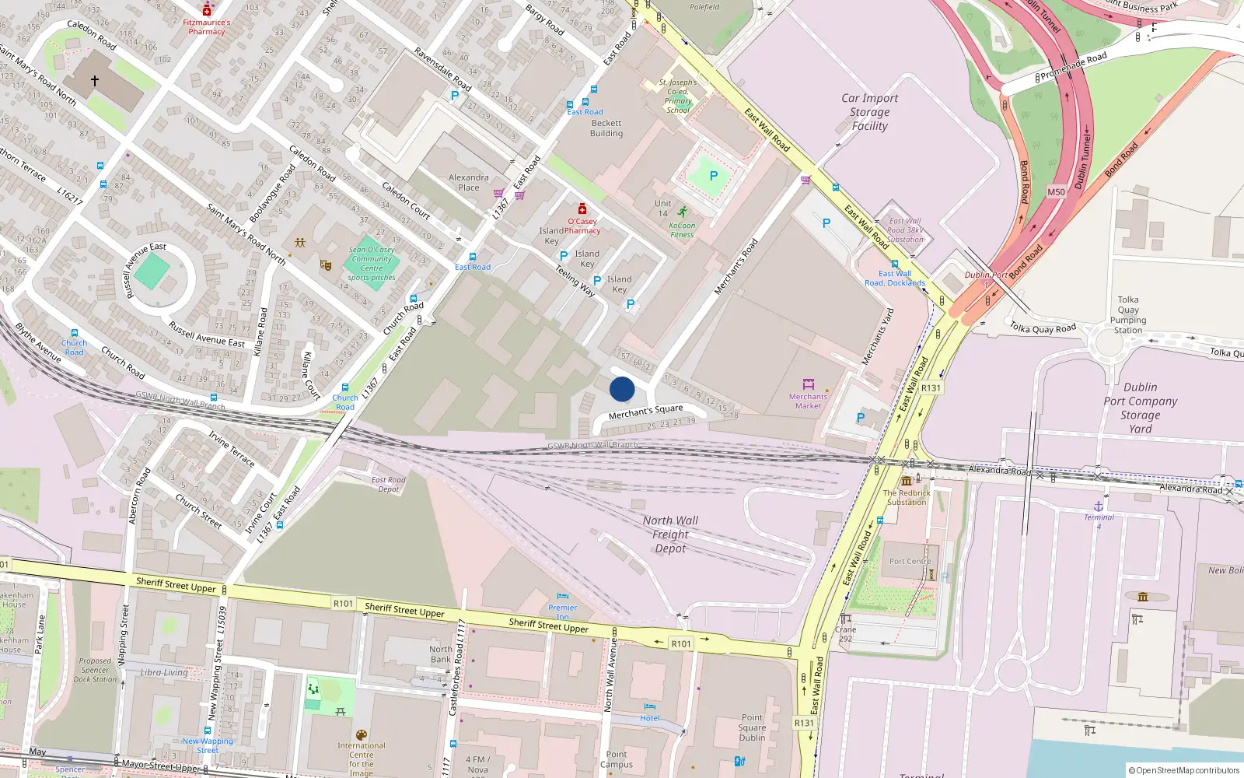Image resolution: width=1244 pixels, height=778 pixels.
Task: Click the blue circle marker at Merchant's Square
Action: coord(622,389)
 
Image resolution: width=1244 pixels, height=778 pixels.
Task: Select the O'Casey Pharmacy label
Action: coord(582,226)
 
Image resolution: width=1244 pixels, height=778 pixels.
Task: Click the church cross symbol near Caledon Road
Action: coord(95,80)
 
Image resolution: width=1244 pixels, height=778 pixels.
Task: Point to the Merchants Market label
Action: coord(808,401)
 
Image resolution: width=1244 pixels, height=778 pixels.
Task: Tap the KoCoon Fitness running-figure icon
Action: coord(682,212)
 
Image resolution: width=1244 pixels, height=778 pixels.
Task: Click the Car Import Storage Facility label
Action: coord(869,112)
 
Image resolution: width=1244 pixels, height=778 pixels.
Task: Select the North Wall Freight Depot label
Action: coord(670,534)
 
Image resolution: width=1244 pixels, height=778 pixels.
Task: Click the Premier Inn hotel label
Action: coord(562,611)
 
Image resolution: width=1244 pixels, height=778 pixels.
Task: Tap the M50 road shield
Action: coord(1056,191)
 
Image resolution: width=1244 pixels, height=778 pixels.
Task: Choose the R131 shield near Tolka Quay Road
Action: coord(931,387)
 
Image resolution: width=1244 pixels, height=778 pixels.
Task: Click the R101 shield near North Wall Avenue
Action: coord(681,643)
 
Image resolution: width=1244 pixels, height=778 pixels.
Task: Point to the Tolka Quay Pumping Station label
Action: coord(1128,314)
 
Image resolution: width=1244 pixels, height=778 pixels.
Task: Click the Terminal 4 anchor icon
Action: coord(1099,506)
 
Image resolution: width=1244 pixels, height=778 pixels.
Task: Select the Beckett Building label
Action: coord(606,128)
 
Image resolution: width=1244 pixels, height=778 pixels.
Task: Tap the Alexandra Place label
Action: coord(469,182)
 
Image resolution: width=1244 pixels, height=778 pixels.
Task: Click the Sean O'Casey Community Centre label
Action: coord(372,263)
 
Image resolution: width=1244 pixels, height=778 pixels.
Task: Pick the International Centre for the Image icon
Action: coord(361,735)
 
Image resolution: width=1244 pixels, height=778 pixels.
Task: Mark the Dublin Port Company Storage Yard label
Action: coord(1141,408)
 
